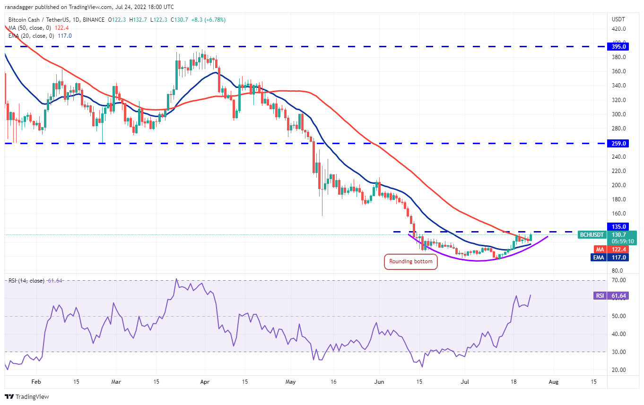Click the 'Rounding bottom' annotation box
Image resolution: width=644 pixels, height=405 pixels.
[x=410, y=261]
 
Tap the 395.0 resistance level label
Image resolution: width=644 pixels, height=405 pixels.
[x=619, y=47]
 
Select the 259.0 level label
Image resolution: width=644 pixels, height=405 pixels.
[x=619, y=143]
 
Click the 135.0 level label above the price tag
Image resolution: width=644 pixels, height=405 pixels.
[x=619, y=226]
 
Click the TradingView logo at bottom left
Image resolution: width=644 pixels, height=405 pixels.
[x=27, y=396]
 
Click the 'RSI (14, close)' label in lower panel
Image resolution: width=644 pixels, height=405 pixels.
[x=26, y=281]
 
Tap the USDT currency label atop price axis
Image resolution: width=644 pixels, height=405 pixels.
[x=619, y=19]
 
